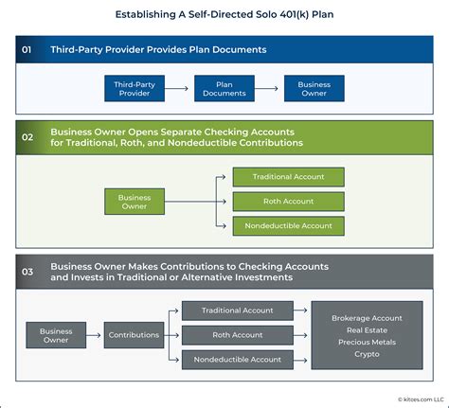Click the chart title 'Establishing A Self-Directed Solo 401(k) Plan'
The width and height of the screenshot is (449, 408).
coord(224,14)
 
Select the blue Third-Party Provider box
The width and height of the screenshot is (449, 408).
coord(135,87)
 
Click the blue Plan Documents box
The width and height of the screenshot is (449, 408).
coord(224,87)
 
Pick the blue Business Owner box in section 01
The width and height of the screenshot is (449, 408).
coord(314,87)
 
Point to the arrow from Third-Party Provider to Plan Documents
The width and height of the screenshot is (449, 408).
coord(180,87)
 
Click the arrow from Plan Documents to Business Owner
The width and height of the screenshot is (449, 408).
coord(269,87)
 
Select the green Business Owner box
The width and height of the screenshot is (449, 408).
coord(135,202)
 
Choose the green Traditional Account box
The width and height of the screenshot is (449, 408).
coord(288,177)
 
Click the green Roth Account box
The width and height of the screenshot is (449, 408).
coord(288,202)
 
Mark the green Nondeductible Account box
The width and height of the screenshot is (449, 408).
coord(288,226)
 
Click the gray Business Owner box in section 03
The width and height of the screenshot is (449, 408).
coord(56,335)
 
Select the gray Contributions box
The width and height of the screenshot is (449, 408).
coord(134,335)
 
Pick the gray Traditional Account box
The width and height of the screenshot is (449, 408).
coord(237,310)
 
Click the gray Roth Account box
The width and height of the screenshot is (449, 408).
coord(237,335)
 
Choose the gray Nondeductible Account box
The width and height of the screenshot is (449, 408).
coord(237,360)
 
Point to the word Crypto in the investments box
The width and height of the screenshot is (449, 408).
coord(367,354)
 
